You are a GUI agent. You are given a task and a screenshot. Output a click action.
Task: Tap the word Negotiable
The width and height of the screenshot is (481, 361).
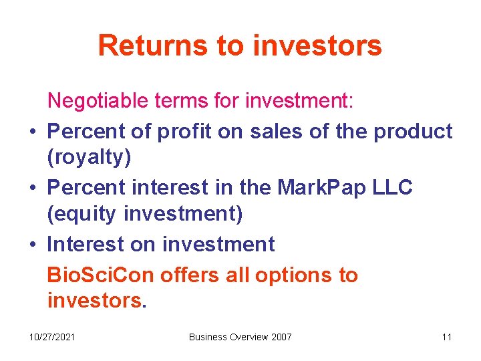click(x=98, y=101)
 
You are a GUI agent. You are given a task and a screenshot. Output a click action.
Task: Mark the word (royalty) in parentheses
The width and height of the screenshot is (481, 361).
click(x=86, y=158)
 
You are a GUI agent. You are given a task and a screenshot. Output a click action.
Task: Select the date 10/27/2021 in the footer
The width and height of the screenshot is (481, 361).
click(x=51, y=336)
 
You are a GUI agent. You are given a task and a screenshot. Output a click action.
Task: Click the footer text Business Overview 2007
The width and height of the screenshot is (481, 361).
click(x=240, y=336)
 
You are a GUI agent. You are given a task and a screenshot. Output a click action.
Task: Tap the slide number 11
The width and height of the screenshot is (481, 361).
click(x=446, y=336)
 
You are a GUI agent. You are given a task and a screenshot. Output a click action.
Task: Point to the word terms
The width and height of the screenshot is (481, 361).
click(x=177, y=101)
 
